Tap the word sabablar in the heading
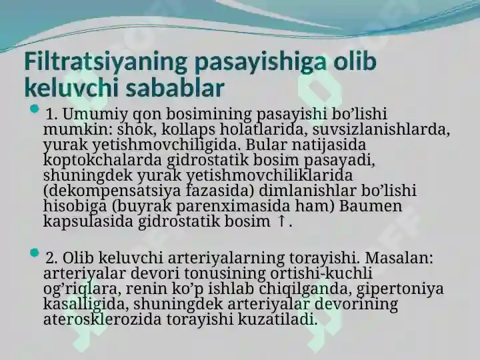[x=175, y=88]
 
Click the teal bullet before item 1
[x=35, y=109]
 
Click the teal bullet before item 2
[x=35, y=253]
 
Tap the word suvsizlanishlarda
[x=381, y=129]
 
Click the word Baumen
[x=370, y=206]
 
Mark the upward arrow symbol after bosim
[x=281, y=221]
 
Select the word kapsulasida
[x=88, y=221]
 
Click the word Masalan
[x=399, y=258]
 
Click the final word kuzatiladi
[x=277, y=319]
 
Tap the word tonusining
[x=225, y=274]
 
